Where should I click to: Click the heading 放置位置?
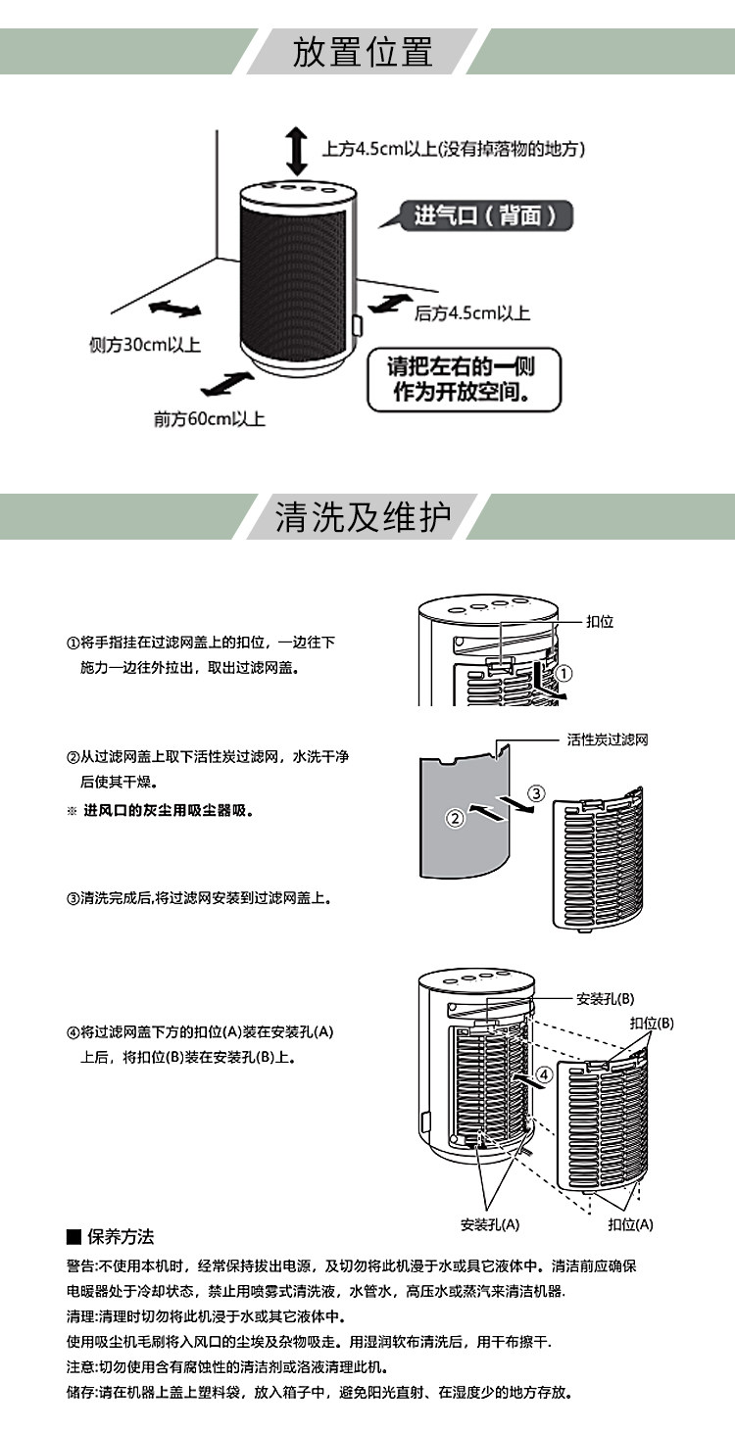click(x=363, y=52)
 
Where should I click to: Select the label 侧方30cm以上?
click(x=144, y=345)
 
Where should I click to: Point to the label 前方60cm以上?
click(x=209, y=419)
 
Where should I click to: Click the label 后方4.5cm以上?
click(x=471, y=313)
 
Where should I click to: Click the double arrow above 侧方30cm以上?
click(x=174, y=310)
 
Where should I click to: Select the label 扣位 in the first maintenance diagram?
click(x=599, y=622)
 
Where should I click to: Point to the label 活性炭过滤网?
click(x=608, y=740)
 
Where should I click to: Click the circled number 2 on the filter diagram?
click(x=455, y=819)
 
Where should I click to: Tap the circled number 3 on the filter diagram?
click(x=536, y=791)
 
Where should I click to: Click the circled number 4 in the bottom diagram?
click(x=546, y=1074)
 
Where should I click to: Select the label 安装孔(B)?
click(x=605, y=998)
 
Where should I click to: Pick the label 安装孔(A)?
click(x=490, y=1224)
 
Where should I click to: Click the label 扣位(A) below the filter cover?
click(x=630, y=1224)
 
